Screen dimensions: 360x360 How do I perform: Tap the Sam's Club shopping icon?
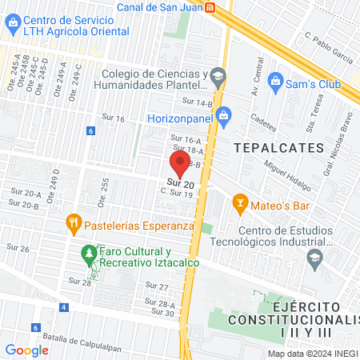[275, 80]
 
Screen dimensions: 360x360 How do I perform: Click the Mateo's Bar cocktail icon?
[238, 202]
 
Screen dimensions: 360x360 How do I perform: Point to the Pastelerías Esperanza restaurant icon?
[73, 222]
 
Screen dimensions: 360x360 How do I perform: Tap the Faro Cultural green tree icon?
[88, 256]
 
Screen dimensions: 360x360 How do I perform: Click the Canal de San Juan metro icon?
[210, 7]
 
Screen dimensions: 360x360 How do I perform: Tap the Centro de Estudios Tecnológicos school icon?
[314, 258]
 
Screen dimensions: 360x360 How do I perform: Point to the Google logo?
[26, 350]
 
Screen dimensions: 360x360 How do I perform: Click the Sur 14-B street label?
[197, 102]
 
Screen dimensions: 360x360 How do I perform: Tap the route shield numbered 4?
[63, 308]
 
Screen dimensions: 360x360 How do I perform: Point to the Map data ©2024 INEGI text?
[313, 353]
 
